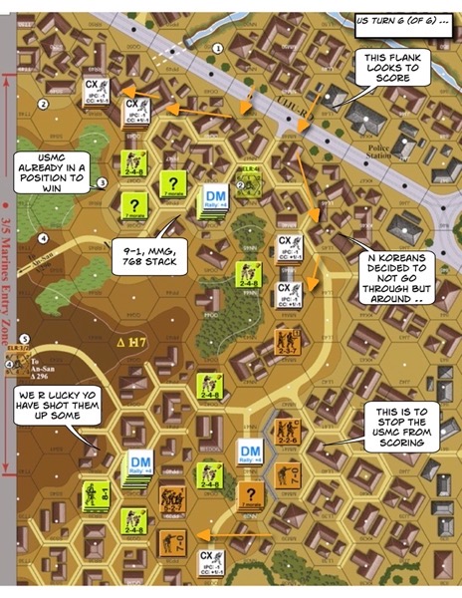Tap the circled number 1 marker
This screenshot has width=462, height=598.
(x=218, y=47)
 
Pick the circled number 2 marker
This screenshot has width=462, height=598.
(x=43, y=104)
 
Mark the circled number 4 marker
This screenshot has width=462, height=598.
(x=43, y=238)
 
